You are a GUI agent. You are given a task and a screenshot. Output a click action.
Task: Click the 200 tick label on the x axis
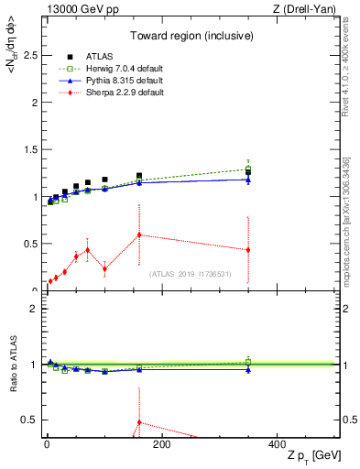pyautogui.click(x=161, y=444)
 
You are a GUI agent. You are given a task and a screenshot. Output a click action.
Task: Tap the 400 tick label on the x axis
pyautogui.click(x=277, y=444)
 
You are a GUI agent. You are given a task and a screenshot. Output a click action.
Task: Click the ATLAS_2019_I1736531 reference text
pyautogui.click(x=191, y=274)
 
